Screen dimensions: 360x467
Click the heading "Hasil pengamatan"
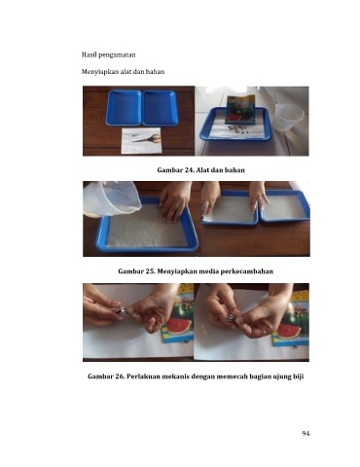(x=108, y=54)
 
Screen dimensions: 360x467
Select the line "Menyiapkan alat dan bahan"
(x=123, y=72)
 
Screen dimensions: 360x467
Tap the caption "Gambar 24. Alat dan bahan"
(x=200, y=170)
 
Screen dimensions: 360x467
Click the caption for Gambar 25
(x=196, y=271)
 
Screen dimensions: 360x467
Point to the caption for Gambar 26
(x=196, y=377)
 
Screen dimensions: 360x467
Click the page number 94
(x=306, y=434)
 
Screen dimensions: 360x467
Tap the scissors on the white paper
(x=147, y=139)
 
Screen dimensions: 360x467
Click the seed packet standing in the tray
(x=240, y=110)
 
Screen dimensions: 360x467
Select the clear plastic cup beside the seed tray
(x=288, y=117)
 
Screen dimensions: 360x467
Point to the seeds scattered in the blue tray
(x=237, y=129)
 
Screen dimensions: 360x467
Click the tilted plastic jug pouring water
(x=111, y=198)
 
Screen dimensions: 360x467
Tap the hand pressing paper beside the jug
(x=174, y=202)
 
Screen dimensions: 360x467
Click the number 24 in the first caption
(x=189, y=170)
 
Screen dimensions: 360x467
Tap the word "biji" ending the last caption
(x=298, y=377)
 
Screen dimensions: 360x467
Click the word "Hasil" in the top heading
(x=89, y=54)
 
